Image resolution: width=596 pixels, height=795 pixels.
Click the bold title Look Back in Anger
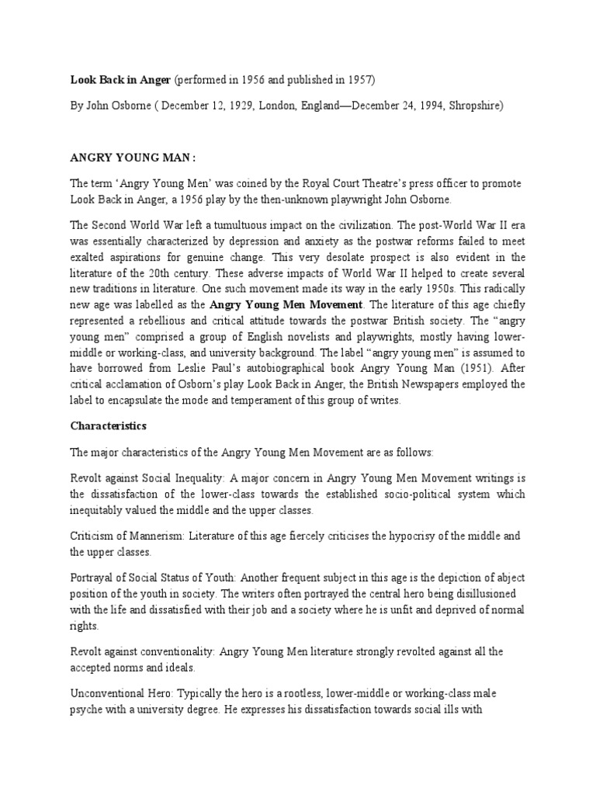[x=121, y=79]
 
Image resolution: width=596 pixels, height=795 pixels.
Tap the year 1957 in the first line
[x=362, y=79]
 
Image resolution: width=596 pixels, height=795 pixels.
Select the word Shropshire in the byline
[x=476, y=105]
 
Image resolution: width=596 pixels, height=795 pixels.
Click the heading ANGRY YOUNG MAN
[x=131, y=156]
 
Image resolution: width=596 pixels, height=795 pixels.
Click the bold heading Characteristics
[x=108, y=426]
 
